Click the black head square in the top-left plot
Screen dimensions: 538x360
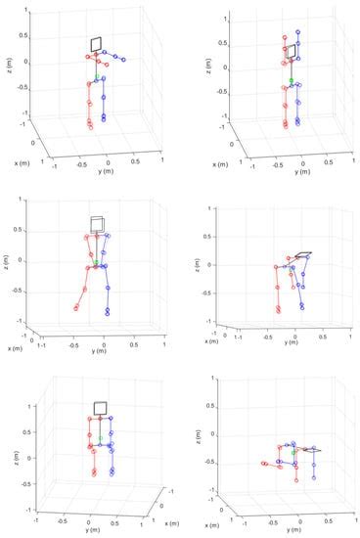pyautogui.click(x=97, y=43)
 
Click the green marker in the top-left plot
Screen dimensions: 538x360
pyautogui.click(x=97, y=78)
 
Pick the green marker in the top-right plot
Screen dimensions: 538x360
pyautogui.click(x=291, y=81)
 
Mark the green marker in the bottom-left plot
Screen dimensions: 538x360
pyautogui.click(x=100, y=436)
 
